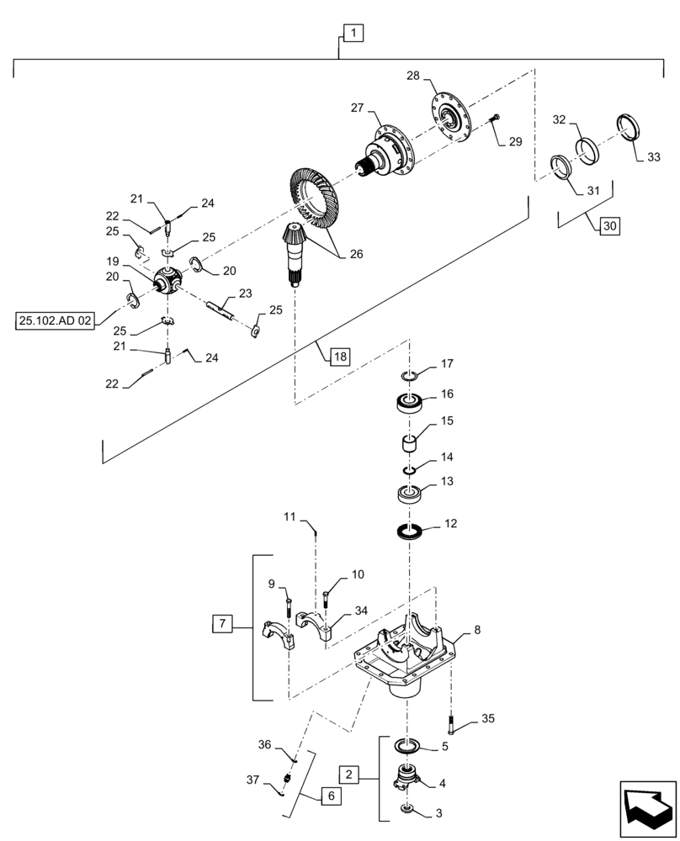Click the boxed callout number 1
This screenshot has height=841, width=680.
pyautogui.click(x=353, y=34)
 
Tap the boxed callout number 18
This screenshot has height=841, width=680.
pyautogui.click(x=337, y=357)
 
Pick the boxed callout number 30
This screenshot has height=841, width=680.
pyautogui.click(x=609, y=226)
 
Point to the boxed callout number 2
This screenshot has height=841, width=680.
pyautogui.click(x=351, y=775)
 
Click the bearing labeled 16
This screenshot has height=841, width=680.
pyautogui.click(x=410, y=403)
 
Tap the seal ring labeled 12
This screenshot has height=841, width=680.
pyautogui.click(x=409, y=532)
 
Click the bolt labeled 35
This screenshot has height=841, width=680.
pyautogui.click(x=453, y=721)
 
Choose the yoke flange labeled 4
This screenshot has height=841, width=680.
pyautogui.click(x=410, y=778)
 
